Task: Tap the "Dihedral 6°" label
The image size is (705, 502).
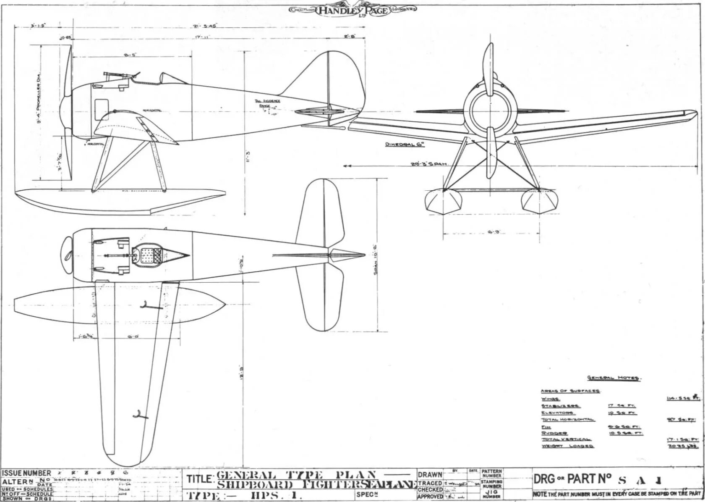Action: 405,145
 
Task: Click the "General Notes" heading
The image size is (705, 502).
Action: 613,378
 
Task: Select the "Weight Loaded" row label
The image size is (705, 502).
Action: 567,446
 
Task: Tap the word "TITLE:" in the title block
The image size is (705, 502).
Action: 201,479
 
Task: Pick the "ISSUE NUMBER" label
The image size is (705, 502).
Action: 26,473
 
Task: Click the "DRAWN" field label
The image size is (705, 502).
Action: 430,475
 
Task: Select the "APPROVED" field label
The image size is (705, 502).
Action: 430,497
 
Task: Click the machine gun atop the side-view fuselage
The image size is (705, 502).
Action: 121,75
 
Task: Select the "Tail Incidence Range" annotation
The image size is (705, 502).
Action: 268,103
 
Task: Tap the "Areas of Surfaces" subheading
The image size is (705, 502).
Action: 570,391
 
